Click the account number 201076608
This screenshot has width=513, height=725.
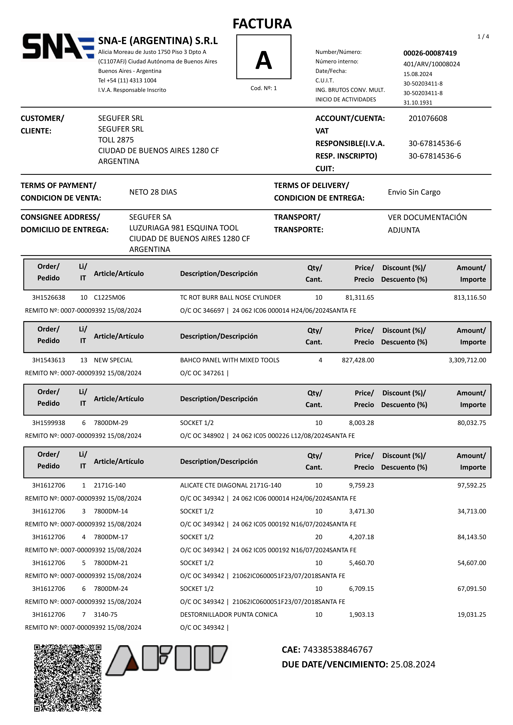428,118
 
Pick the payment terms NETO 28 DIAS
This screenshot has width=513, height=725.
153,192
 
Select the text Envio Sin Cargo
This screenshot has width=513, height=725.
414,192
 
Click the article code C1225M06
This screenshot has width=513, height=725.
109,297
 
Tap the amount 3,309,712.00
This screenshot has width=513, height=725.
467,360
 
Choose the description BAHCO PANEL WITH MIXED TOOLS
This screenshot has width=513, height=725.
230,360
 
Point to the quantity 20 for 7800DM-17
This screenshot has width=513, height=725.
319,537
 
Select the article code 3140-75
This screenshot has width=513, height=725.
106,615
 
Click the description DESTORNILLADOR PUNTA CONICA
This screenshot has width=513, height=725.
229,615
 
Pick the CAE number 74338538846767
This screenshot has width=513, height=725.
337,650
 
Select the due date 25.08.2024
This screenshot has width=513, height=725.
413,664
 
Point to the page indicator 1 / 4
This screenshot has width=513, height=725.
483,37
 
